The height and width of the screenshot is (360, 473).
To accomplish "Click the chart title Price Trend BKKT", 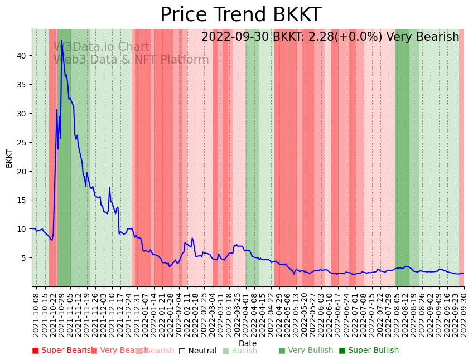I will pyautogui.click(x=240, y=15).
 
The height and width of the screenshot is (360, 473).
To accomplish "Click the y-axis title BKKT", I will pyautogui.click(x=9, y=158).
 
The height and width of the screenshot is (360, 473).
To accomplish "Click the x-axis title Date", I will pyautogui.click(x=248, y=343).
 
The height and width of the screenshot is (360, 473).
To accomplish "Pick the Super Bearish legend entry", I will pyautogui.click(x=62, y=351).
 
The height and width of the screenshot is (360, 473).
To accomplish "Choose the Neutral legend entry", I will pyautogui.click(x=198, y=351).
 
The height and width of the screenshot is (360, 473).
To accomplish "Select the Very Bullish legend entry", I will pyautogui.click(x=306, y=351).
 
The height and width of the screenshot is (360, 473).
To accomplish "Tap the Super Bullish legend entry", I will pyautogui.click(x=369, y=351).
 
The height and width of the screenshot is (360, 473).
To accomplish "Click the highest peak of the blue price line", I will pyautogui.click(x=61, y=40).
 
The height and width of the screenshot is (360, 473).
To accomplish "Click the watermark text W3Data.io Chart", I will pyautogui.click(x=102, y=47).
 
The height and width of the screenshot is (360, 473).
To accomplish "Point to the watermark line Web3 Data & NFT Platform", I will pyautogui.click(x=131, y=60).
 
